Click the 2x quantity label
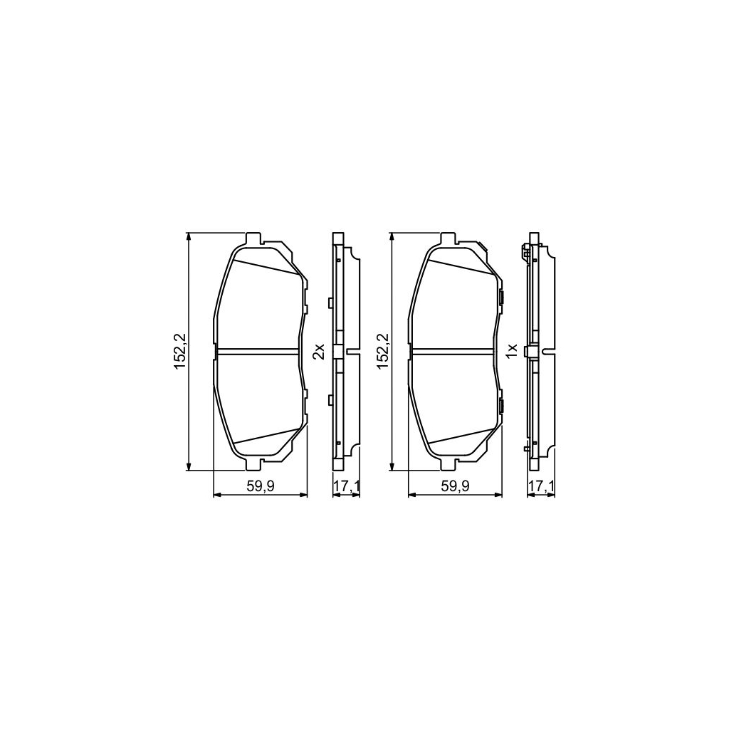[319, 351]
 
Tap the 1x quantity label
[511, 351]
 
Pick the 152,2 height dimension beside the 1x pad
[384, 351]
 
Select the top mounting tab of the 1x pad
[448, 238]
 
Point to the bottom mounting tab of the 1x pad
[448, 464]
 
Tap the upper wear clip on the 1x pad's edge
[501, 297]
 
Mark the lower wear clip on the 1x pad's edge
[501, 406]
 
